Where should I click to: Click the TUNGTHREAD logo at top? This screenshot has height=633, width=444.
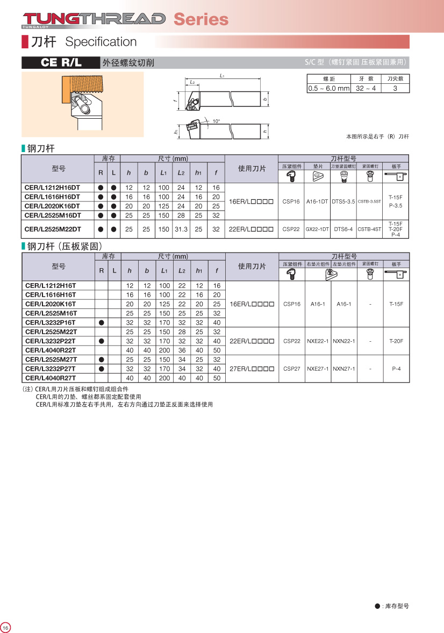[x=94, y=19]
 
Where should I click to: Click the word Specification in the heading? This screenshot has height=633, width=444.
[x=101, y=42]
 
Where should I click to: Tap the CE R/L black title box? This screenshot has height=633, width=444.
[x=61, y=62]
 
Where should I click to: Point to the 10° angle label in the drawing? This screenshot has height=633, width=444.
[x=216, y=121]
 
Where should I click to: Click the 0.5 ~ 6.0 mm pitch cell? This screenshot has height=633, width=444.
[x=328, y=88]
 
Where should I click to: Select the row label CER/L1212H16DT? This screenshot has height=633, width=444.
[x=52, y=188]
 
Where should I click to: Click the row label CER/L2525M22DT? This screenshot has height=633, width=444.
[x=52, y=229]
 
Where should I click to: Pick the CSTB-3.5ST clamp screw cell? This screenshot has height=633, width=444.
[x=369, y=202]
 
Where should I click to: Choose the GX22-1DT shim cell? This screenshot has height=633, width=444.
[x=317, y=229]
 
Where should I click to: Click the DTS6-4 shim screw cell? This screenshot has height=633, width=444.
[x=343, y=229]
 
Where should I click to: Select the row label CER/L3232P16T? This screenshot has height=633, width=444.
[x=51, y=322]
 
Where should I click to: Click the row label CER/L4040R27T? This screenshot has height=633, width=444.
[x=51, y=378]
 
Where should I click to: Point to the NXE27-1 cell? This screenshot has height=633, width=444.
[x=317, y=369]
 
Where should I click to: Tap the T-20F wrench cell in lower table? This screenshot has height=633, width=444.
[x=396, y=341]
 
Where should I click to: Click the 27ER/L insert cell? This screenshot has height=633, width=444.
[x=252, y=369]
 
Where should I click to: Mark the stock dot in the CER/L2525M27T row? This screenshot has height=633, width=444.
[x=101, y=359]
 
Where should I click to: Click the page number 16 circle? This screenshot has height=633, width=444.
[x=6, y=628]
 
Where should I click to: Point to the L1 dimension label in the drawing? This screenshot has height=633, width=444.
[x=222, y=76]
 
